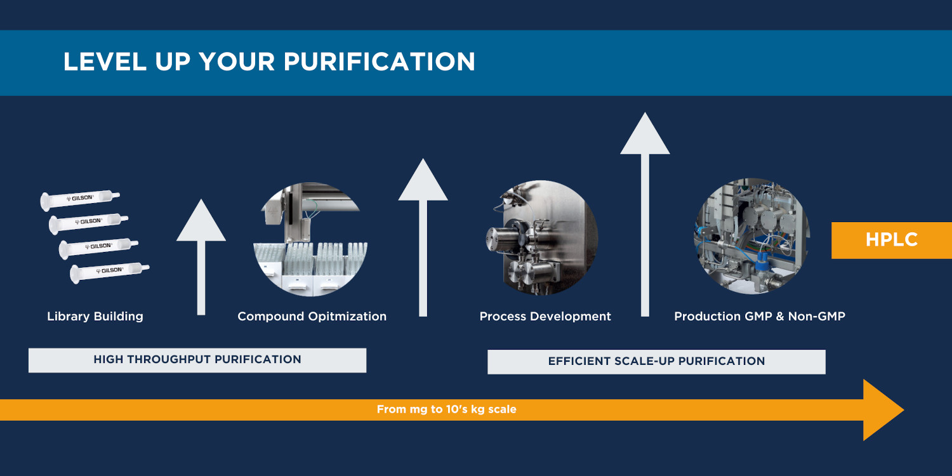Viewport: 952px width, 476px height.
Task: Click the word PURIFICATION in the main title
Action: click(x=379, y=62)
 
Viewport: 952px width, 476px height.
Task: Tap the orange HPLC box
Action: click(x=892, y=240)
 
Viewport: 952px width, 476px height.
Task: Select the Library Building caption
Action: click(x=95, y=316)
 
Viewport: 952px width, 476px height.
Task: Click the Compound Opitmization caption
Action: click(x=312, y=316)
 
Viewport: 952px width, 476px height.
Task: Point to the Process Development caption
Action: click(x=545, y=316)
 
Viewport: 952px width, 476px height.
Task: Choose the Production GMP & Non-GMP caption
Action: click(x=760, y=316)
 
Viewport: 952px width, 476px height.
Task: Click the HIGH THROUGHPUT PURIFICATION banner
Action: click(x=197, y=360)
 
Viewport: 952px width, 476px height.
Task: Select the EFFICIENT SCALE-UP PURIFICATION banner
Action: click(x=656, y=362)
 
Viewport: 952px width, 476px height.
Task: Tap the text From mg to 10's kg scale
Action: click(x=447, y=409)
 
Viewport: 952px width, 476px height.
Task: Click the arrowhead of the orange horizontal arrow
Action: click(x=882, y=410)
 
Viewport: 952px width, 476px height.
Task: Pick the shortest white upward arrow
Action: click(x=201, y=257)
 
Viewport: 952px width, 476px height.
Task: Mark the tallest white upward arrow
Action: click(x=645, y=215)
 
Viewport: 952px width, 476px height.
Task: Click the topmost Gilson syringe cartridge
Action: click(x=80, y=200)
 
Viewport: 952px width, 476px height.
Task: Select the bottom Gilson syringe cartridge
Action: click(x=109, y=272)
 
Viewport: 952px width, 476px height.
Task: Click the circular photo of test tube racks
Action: click(x=311, y=239)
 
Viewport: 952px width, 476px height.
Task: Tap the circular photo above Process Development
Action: click(x=542, y=238)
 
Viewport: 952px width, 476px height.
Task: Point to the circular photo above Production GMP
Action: click(x=752, y=236)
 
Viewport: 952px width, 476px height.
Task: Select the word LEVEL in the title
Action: click(x=105, y=62)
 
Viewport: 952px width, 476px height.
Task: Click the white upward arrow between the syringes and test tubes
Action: click(x=201, y=257)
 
